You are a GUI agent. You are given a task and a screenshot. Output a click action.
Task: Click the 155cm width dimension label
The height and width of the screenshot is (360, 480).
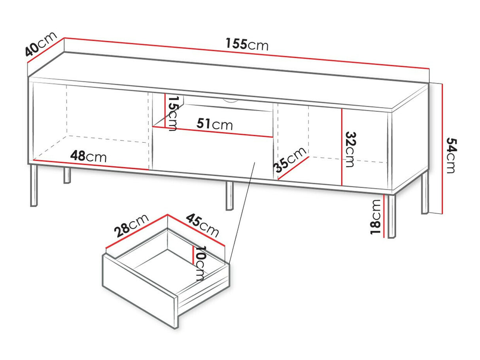(247, 44)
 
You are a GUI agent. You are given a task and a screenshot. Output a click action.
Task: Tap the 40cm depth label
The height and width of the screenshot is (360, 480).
(41, 44)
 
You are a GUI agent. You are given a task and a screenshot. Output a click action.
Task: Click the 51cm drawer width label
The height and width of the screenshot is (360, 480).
(215, 124)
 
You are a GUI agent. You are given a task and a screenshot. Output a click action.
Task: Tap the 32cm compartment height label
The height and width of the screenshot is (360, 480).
(351, 149)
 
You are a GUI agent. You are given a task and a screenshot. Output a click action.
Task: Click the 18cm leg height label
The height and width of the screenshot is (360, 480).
(376, 217)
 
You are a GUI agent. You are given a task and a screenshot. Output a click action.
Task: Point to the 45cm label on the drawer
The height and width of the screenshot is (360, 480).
(202, 225)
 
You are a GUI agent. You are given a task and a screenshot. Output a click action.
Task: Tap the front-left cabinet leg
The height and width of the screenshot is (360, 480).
(34, 186)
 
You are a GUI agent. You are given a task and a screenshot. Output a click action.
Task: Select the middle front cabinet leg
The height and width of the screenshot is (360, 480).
(229, 196)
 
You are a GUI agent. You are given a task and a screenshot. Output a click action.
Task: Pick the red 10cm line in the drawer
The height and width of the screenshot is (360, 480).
(193, 255)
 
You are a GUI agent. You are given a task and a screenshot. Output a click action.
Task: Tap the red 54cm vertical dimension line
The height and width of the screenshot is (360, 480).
(442, 149)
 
